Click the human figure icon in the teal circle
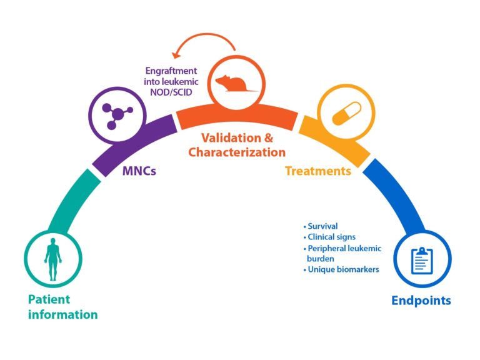(x=53, y=259)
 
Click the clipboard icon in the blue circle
(x=421, y=260)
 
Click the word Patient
(x=47, y=299)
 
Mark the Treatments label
(x=318, y=170)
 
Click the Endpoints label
(x=421, y=301)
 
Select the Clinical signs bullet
(x=329, y=237)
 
